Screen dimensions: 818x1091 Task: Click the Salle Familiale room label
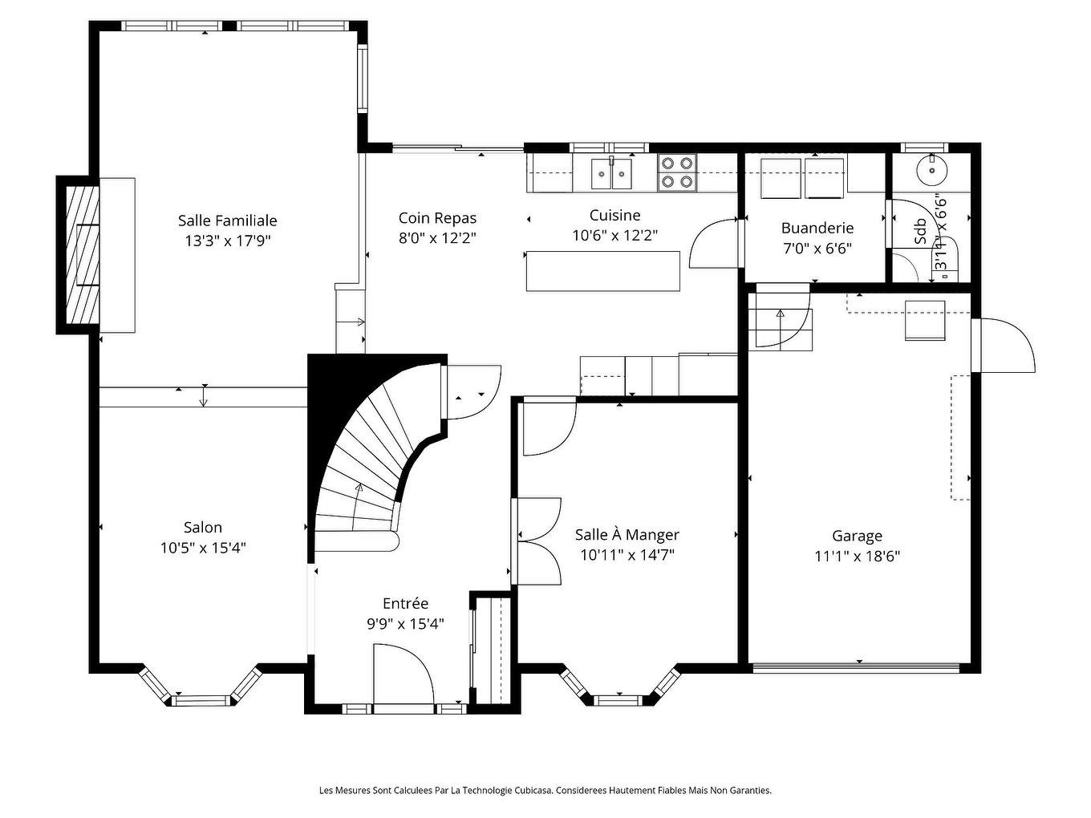(227, 221)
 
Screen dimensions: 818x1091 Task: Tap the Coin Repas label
(437, 218)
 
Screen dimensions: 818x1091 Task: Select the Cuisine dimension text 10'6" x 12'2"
(614, 236)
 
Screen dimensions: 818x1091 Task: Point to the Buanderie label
(817, 228)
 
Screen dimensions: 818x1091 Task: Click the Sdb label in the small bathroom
(920, 231)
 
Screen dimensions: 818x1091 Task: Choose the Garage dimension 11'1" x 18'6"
(857, 557)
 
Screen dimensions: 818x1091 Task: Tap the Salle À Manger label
(627, 535)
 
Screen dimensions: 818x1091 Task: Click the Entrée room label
(405, 604)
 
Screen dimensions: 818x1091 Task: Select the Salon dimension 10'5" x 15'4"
(203, 548)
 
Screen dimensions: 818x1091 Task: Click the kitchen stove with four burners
(676, 172)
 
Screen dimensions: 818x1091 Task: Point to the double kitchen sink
(611, 173)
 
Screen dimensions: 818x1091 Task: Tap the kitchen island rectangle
(602, 271)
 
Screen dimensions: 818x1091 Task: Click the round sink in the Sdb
(932, 170)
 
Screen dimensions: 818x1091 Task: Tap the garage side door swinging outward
(1003, 345)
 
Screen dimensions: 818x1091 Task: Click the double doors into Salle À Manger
(537, 541)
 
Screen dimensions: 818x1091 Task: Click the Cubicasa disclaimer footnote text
(545, 791)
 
